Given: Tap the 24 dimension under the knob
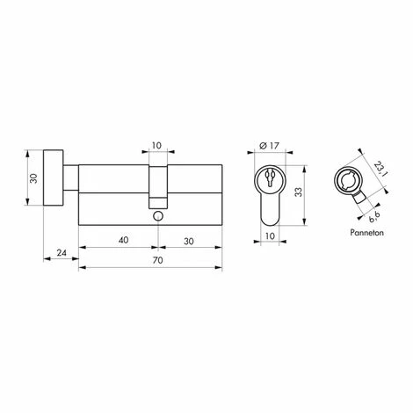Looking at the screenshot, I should [x=60, y=251].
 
